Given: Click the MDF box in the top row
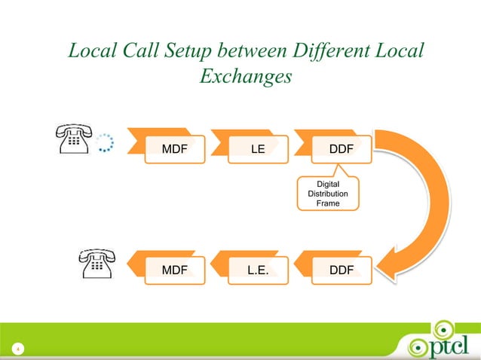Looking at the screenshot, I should [174, 149].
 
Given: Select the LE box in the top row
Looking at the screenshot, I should [258, 149].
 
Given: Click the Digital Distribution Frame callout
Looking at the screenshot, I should [328, 194].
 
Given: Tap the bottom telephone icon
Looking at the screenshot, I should [96, 264].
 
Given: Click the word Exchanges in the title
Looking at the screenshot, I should [246, 77].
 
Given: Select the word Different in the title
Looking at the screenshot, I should [336, 51].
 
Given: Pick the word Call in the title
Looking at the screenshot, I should [132, 51].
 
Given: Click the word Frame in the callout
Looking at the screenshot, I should [328, 204].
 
